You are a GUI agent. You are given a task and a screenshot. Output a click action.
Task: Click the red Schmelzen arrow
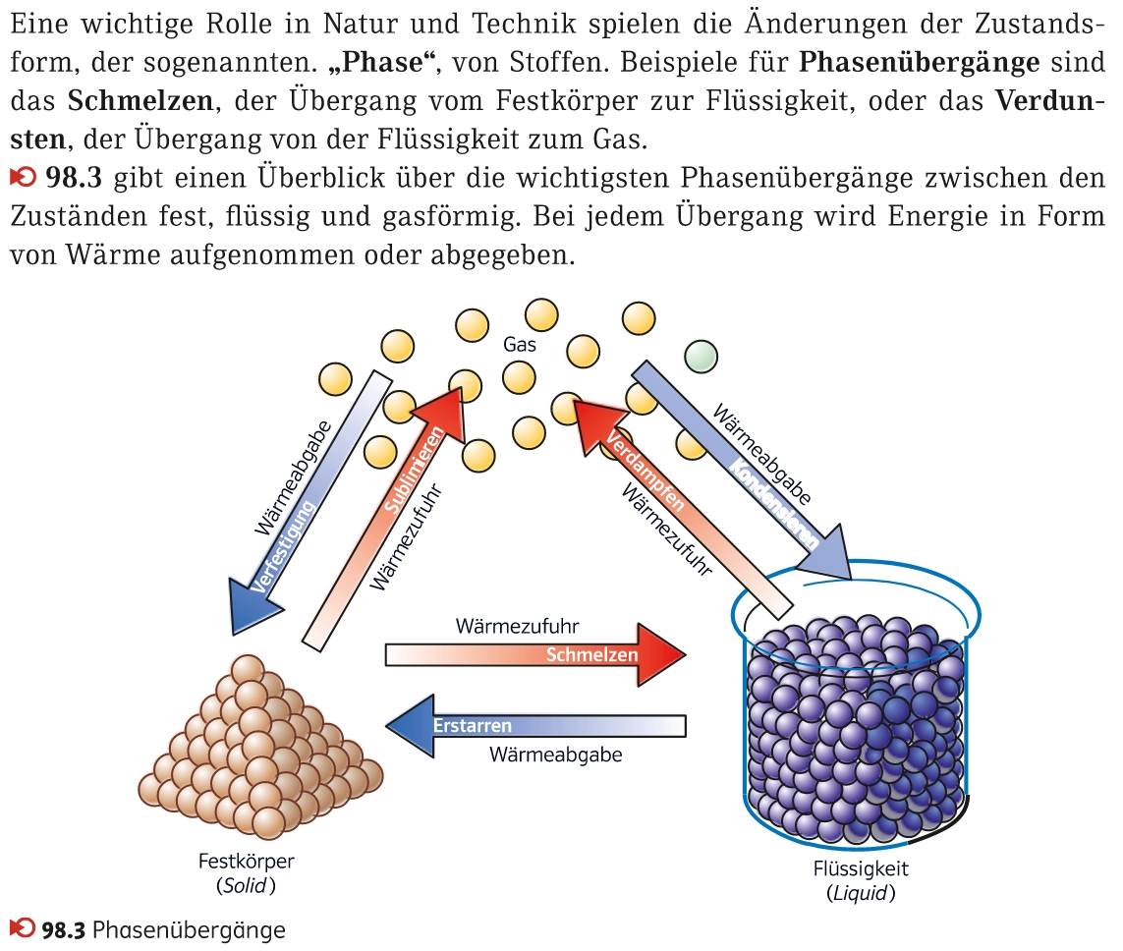point(535,654)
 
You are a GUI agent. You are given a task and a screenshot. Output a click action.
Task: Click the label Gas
point(520,345)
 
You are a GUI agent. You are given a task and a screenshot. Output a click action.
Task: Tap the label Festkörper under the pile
point(246,862)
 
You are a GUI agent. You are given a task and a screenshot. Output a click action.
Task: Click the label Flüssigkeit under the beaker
point(861,868)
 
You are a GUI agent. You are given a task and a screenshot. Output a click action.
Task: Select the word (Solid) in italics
point(246,885)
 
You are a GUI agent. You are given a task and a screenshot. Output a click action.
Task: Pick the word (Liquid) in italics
point(861,893)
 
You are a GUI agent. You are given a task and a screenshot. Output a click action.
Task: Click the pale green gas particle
point(701,356)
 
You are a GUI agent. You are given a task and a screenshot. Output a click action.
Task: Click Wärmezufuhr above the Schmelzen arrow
point(517,626)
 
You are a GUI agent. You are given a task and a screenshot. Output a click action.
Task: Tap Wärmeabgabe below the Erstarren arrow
point(555,755)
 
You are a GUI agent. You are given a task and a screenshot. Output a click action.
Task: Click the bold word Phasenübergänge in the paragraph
point(919,64)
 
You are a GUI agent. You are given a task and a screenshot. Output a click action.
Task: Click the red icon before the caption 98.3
point(20,927)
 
